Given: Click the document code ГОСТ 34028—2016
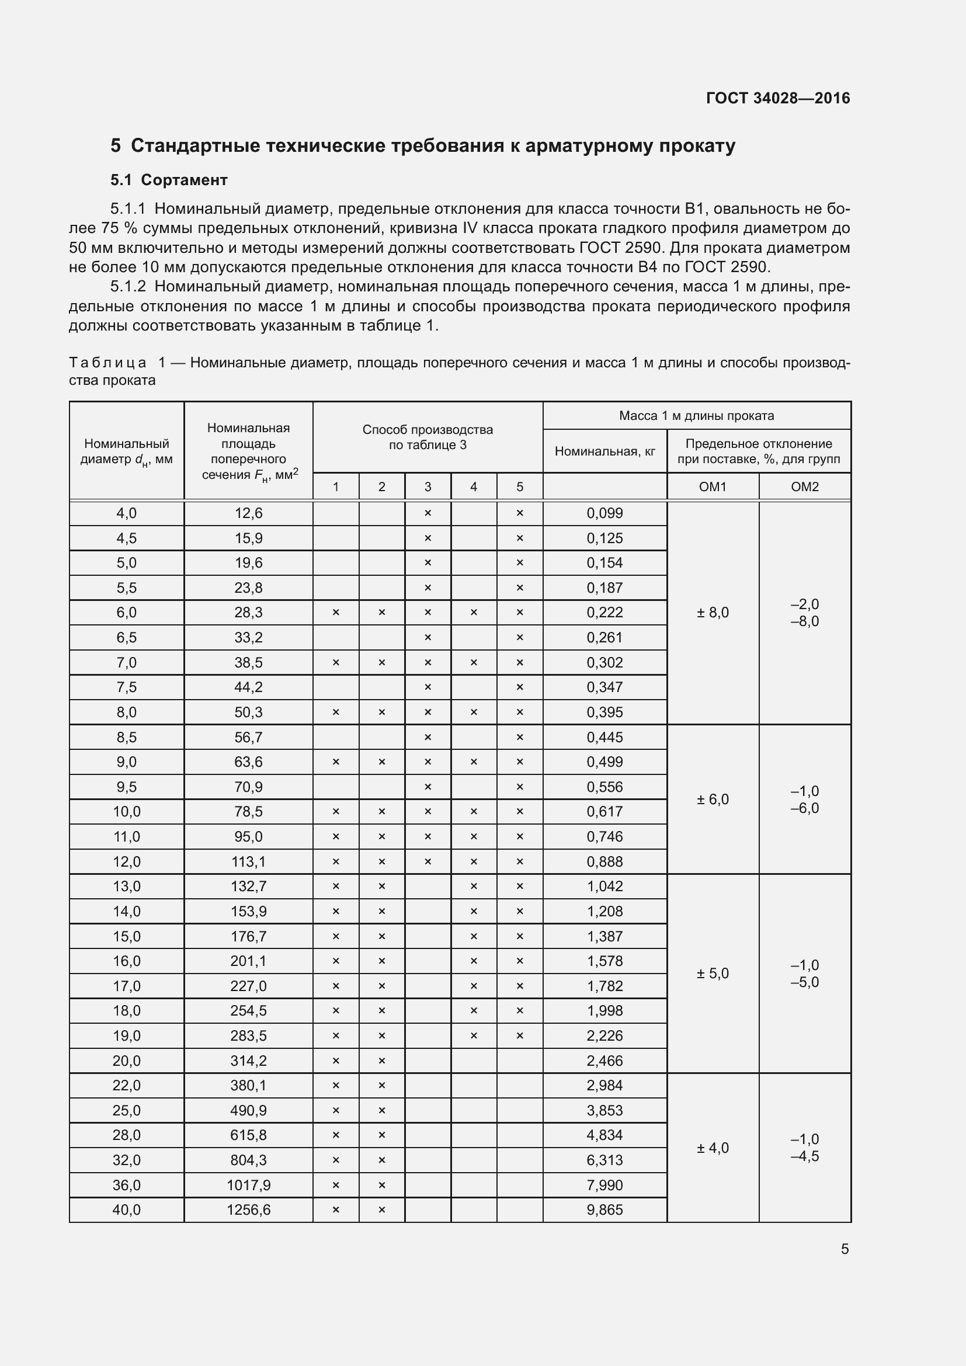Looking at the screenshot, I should click(x=777, y=98).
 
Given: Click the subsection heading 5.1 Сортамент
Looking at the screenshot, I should click(x=169, y=180).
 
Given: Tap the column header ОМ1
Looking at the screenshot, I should click(x=713, y=486).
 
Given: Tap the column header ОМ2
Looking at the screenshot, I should click(x=804, y=486).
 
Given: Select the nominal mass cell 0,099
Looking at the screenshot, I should click(x=604, y=513).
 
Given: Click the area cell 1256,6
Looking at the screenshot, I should click(x=248, y=1209).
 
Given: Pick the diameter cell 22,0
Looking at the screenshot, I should click(x=126, y=1085).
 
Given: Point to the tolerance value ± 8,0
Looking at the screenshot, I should click(x=713, y=612).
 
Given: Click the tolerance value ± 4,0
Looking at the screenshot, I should click(x=713, y=1148).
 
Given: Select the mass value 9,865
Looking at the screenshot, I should click(x=604, y=1209).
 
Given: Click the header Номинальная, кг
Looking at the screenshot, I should click(x=604, y=451).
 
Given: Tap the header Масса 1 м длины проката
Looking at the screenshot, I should click(x=696, y=415).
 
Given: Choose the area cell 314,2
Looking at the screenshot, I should click(x=248, y=1060).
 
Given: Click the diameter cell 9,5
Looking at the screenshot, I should click(x=126, y=787).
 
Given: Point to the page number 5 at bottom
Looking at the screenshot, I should click(x=844, y=1249).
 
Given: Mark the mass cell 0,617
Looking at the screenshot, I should click(x=604, y=812).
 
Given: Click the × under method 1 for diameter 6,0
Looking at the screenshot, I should click(x=335, y=612).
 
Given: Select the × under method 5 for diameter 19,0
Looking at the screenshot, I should click(x=519, y=1035).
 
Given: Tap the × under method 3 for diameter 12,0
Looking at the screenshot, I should click(x=427, y=861).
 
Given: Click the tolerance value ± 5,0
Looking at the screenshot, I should click(x=713, y=974).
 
